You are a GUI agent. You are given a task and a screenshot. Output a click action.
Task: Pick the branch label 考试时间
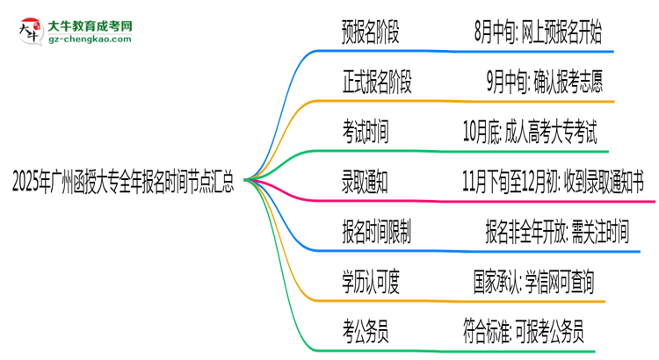pos(365,133)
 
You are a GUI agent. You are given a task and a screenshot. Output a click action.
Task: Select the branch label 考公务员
pos(365,330)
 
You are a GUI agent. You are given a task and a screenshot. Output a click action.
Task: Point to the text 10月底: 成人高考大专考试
pos(532,133)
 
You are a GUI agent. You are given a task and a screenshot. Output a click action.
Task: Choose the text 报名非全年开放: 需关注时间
pos(557,232)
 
